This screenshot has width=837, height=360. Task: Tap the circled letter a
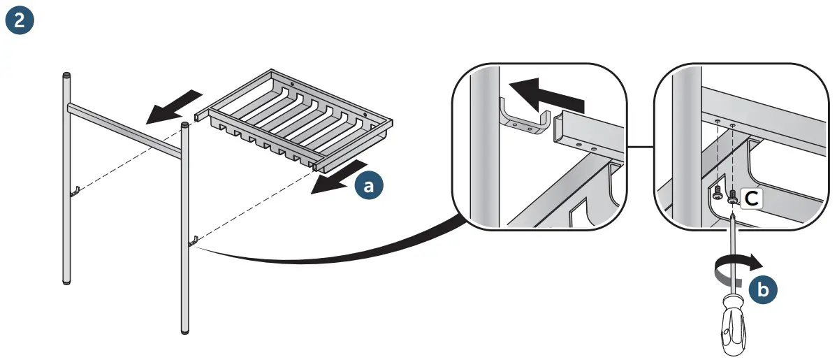tap(368, 187)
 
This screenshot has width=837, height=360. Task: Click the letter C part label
tap(750, 199)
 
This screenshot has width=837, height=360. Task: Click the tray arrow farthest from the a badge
tap(172, 106)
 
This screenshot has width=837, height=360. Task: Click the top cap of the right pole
tap(184, 125)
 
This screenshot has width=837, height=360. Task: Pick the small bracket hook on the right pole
tap(194, 241)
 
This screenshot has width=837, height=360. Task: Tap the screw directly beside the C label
tap(732, 199)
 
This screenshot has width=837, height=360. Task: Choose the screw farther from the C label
tap(716, 196)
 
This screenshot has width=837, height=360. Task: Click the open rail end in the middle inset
tap(560, 131)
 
